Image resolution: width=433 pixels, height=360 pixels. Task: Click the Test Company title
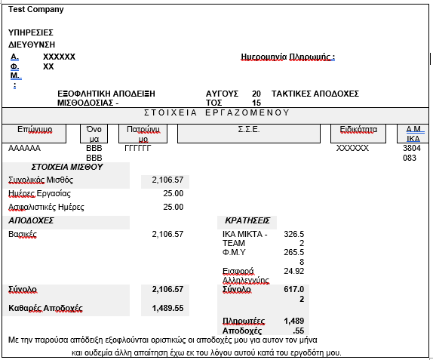point(36,9)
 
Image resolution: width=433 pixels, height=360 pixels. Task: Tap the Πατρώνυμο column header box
point(143,134)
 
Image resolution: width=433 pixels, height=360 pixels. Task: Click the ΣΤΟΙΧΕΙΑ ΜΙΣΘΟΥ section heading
point(67,167)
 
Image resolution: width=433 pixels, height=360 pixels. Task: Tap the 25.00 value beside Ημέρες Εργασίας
point(173,193)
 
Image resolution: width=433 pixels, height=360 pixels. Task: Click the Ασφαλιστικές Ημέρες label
point(46,207)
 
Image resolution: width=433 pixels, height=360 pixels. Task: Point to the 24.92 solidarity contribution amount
point(293,271)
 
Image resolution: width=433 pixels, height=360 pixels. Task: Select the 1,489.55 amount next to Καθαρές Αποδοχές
point(167,308)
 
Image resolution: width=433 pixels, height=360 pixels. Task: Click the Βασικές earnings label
point(23,234)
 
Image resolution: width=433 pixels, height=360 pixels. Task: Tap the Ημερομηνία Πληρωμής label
point(287,57)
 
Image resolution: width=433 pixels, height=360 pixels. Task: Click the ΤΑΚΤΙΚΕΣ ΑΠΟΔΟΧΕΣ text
point(315,94)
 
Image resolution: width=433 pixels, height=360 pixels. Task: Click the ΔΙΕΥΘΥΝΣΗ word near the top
point(32,45)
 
